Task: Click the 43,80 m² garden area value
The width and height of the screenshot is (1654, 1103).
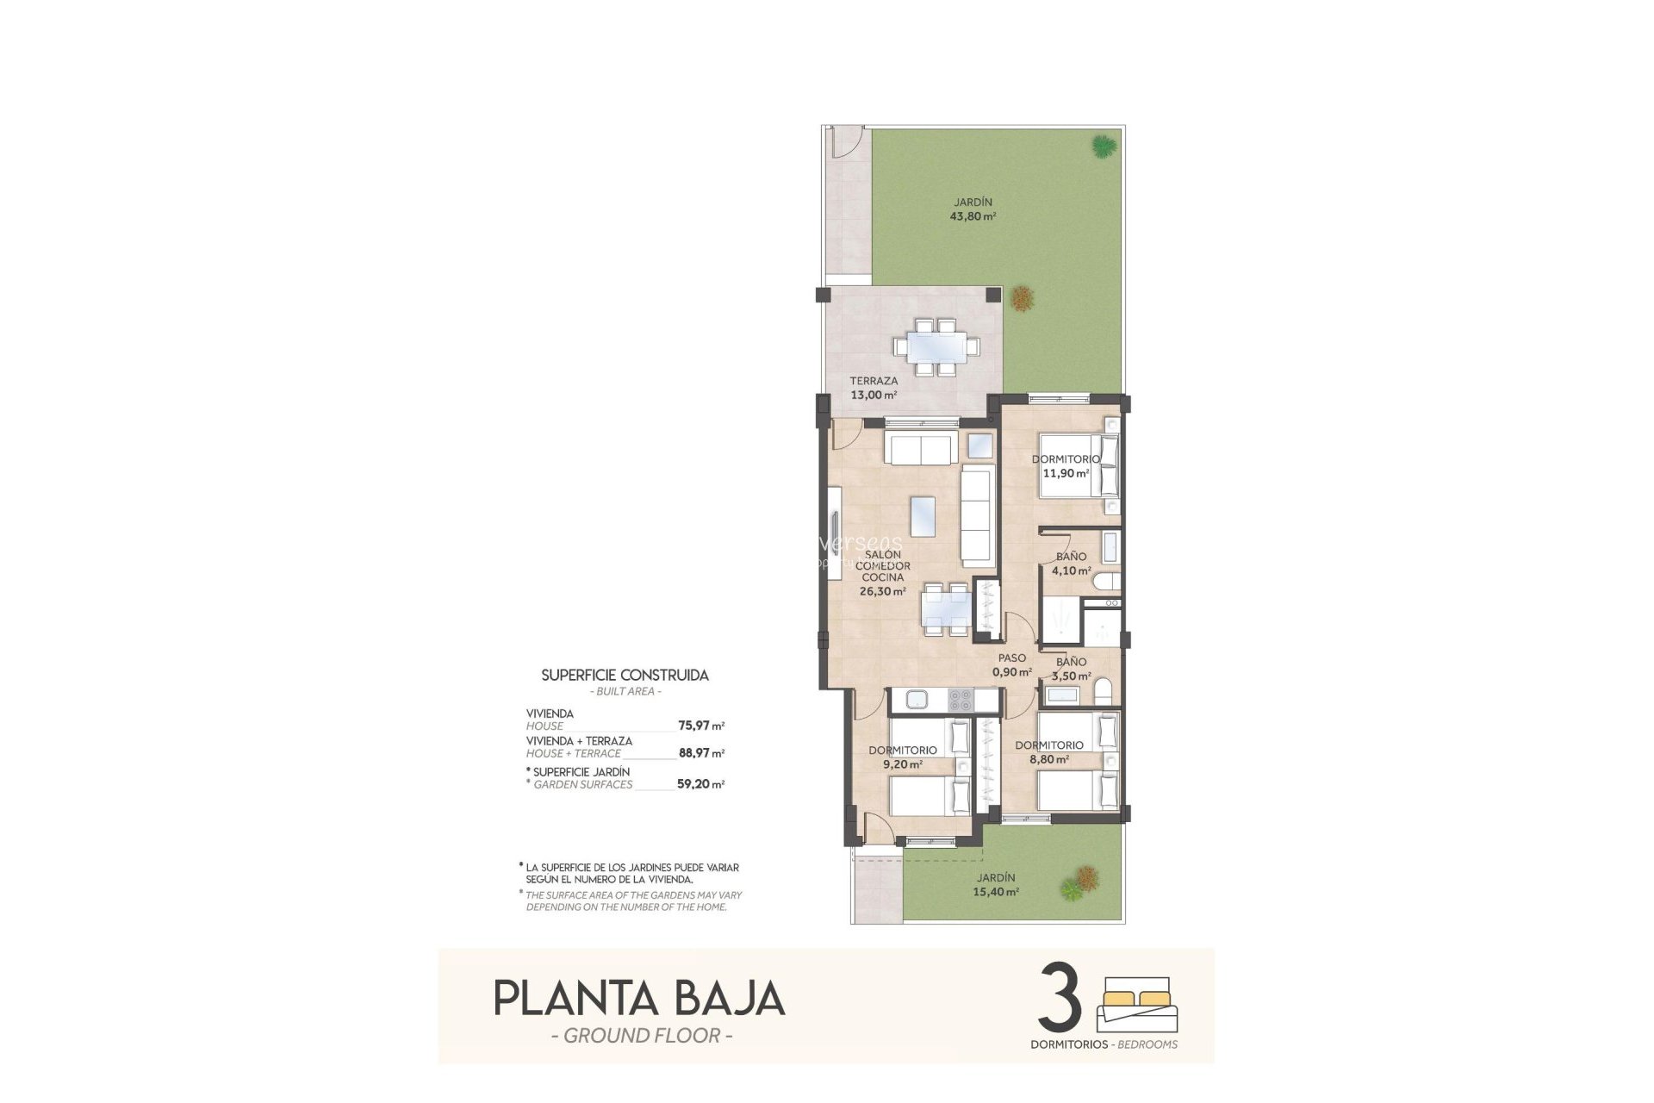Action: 973,216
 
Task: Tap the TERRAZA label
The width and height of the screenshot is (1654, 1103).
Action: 874,381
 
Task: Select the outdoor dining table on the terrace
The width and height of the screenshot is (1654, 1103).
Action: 936,347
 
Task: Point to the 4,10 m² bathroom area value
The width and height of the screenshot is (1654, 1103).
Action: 1073,570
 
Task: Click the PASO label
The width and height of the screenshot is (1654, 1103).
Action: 1011,658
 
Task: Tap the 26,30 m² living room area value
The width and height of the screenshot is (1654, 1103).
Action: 882,592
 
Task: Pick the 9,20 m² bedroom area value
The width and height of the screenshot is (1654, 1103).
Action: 901,763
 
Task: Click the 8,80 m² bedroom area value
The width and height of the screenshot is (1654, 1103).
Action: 1048,759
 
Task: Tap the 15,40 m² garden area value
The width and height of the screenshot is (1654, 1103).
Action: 996,892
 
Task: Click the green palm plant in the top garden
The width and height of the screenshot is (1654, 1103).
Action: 1102,146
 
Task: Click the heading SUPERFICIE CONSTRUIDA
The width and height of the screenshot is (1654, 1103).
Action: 625,676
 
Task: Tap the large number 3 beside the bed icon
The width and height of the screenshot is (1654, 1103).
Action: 1060,998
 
